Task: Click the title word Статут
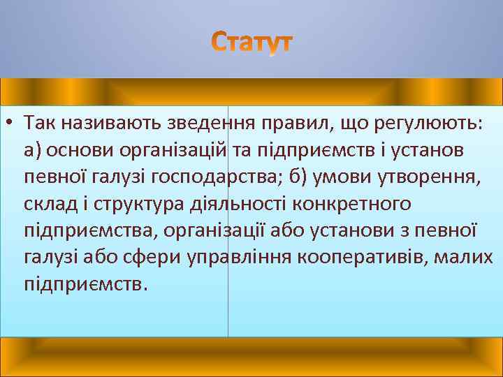(x=252, y=43)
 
